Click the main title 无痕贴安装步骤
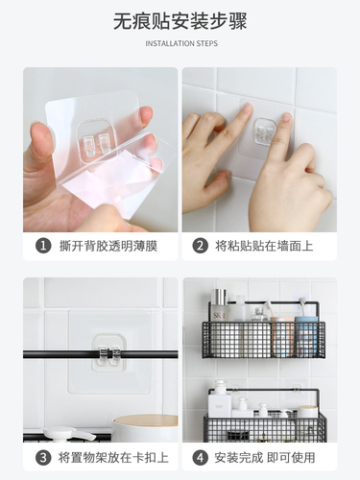(x=180, y=21)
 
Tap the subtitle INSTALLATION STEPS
(x=181, y=43)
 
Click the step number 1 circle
(x=43, y=247)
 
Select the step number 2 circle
(x=201, y=247)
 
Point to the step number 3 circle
(x=43, y=458)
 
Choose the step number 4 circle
(x=201, y=458)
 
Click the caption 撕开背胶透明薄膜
(x=108, y=247)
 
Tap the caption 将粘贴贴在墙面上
(x=264, y=247)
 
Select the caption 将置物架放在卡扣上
(x=113, y=458)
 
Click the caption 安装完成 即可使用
(x=265, y=458)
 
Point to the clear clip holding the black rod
(x=109, y=354)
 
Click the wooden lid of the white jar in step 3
(x=146, y=420)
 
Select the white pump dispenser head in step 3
(x=69, y=434)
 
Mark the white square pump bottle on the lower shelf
(x=218, y=399)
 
